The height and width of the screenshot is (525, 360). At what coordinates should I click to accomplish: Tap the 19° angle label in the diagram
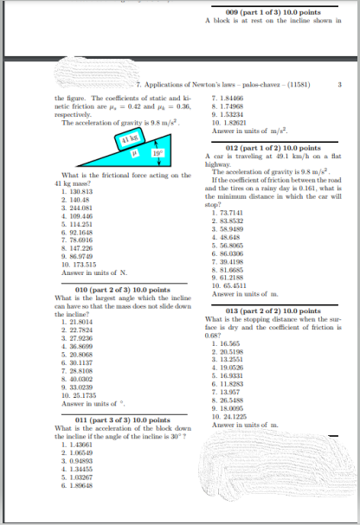click(158, 154)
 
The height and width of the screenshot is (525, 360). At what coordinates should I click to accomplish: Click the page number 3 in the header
click(340, 85)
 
